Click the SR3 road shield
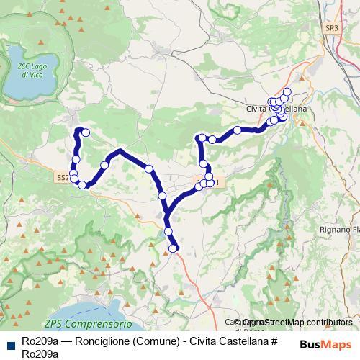[x=330, y=28]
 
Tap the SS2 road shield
[x=62, y=176]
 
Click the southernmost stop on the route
[x=173, y=248]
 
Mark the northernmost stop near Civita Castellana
[x=287, y=91]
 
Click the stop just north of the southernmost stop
[x=168, y=231]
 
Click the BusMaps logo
[x=325, y=344]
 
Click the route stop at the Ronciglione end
[x=85, y=132]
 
